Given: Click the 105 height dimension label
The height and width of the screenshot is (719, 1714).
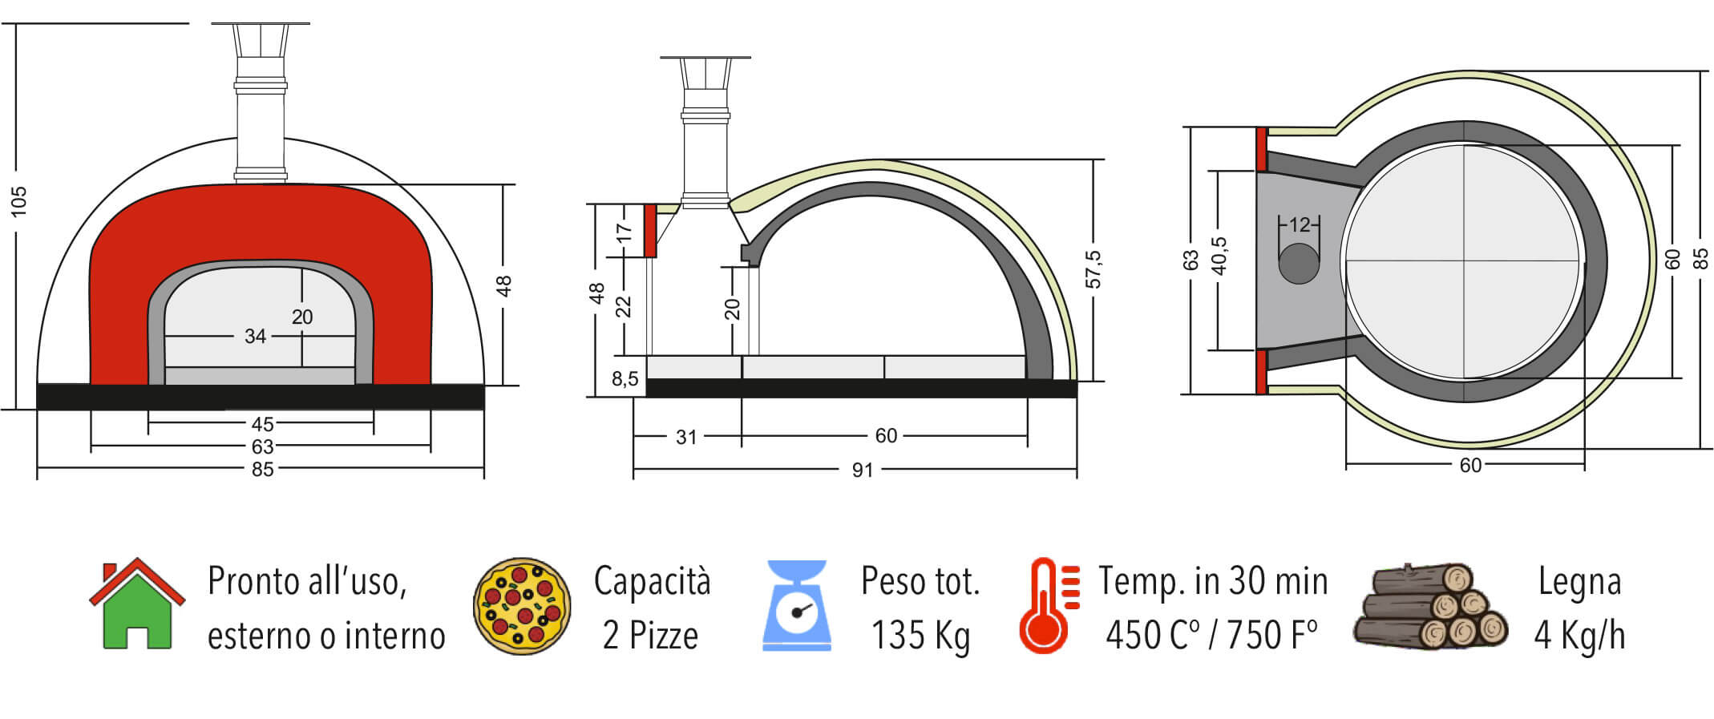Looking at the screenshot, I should point(19,201).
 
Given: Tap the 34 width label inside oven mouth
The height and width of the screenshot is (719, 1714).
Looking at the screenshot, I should point(255,336).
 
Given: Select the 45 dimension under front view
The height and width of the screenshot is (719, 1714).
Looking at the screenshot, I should point(262,424).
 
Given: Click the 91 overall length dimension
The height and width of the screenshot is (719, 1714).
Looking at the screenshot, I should point(862,470).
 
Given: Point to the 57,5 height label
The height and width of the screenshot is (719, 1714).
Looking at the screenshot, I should point(1093,269).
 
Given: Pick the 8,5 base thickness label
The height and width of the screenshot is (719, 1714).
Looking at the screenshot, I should point(625,378).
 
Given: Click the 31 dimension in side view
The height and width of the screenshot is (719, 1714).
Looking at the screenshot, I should point(685,437).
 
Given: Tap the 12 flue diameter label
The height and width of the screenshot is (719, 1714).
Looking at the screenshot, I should point(1299,225).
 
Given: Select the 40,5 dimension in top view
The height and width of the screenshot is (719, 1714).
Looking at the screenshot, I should point(1219,256).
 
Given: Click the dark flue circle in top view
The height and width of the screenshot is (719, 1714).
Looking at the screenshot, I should point(1299,263).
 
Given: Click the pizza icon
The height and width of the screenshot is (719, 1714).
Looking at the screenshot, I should point(522,606).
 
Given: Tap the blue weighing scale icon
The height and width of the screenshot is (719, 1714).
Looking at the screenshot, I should point(796,604).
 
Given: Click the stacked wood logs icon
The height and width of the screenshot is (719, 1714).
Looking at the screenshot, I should point(1430,605).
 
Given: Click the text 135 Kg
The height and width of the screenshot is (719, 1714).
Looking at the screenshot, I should point(920,636).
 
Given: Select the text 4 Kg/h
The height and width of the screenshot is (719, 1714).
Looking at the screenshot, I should point(1579,636).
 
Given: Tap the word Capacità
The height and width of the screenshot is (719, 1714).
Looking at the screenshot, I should point(652,581).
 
